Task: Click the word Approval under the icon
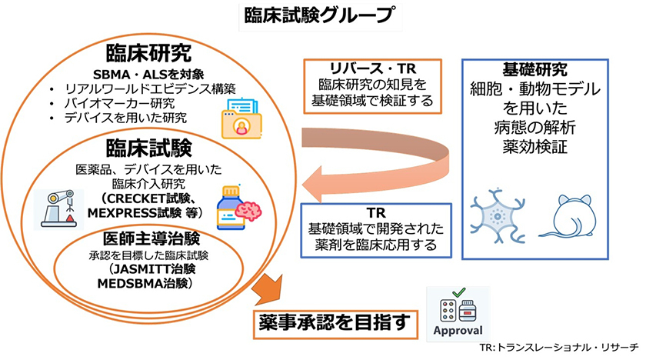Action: pyautogui.click(x=458, y=330)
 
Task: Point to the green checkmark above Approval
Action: pyautogui.click(x=457, y=293)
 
